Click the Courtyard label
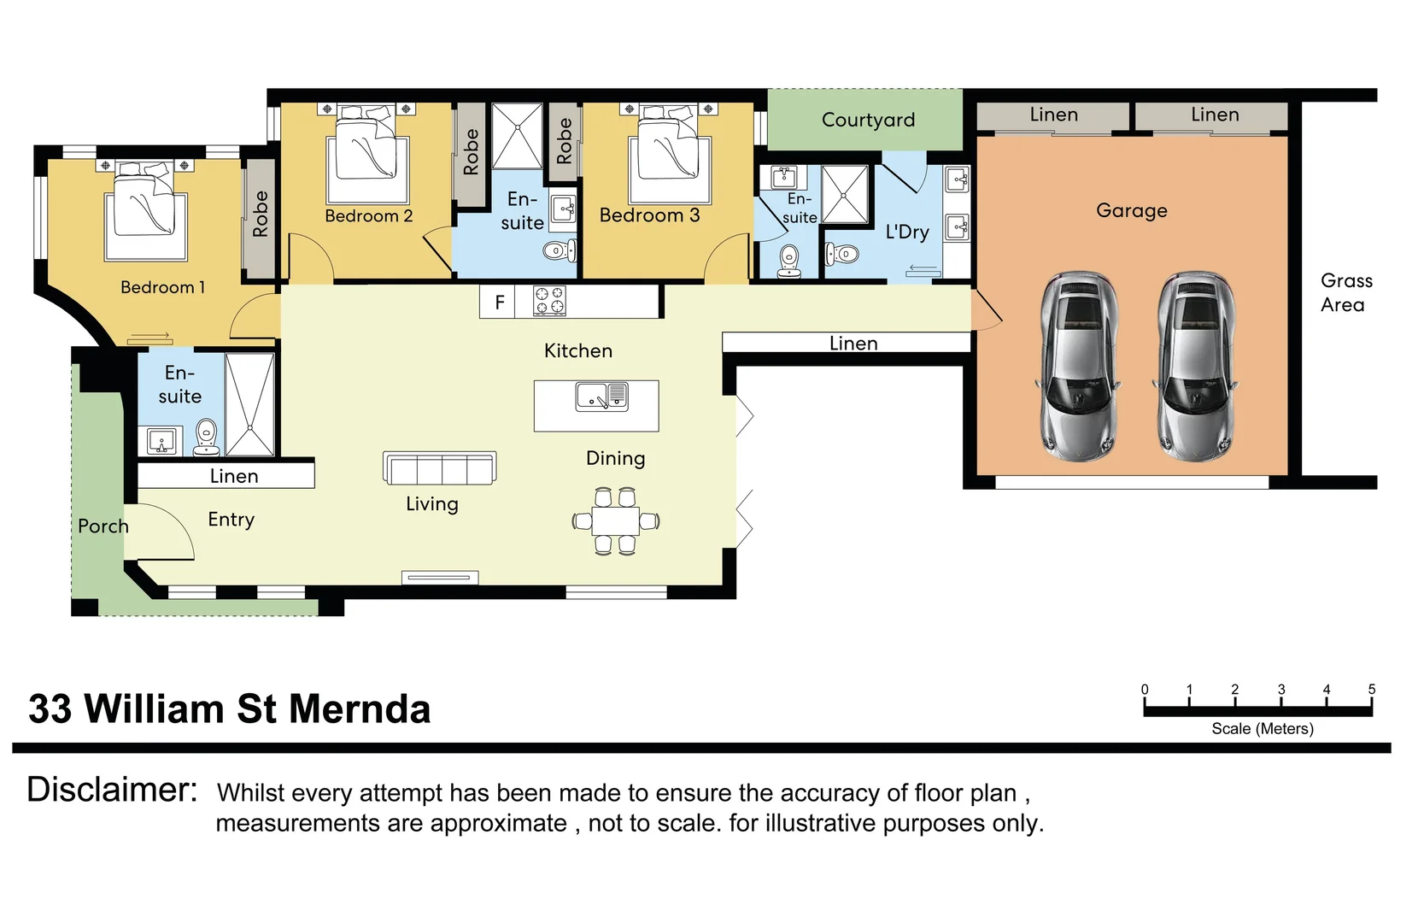[868, 120]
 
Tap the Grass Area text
[1346, 292]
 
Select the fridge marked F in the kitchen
[498, 303]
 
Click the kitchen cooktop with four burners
[549, 301]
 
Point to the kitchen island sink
[601, 397]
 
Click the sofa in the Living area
[439, 468]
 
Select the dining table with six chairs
[616, 521]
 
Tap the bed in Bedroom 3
[670, 153]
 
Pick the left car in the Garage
[1077, 367]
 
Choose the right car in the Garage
[1194, 367]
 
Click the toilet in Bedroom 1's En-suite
[207, 438]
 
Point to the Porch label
[103, 526]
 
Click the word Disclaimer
[112, 790]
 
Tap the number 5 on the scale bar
[1372, 689]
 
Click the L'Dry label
[907, 232]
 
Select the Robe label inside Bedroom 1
[261, 215]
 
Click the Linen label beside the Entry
[234, 476]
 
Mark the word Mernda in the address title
[360, 708]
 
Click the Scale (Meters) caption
[1263, 729]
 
